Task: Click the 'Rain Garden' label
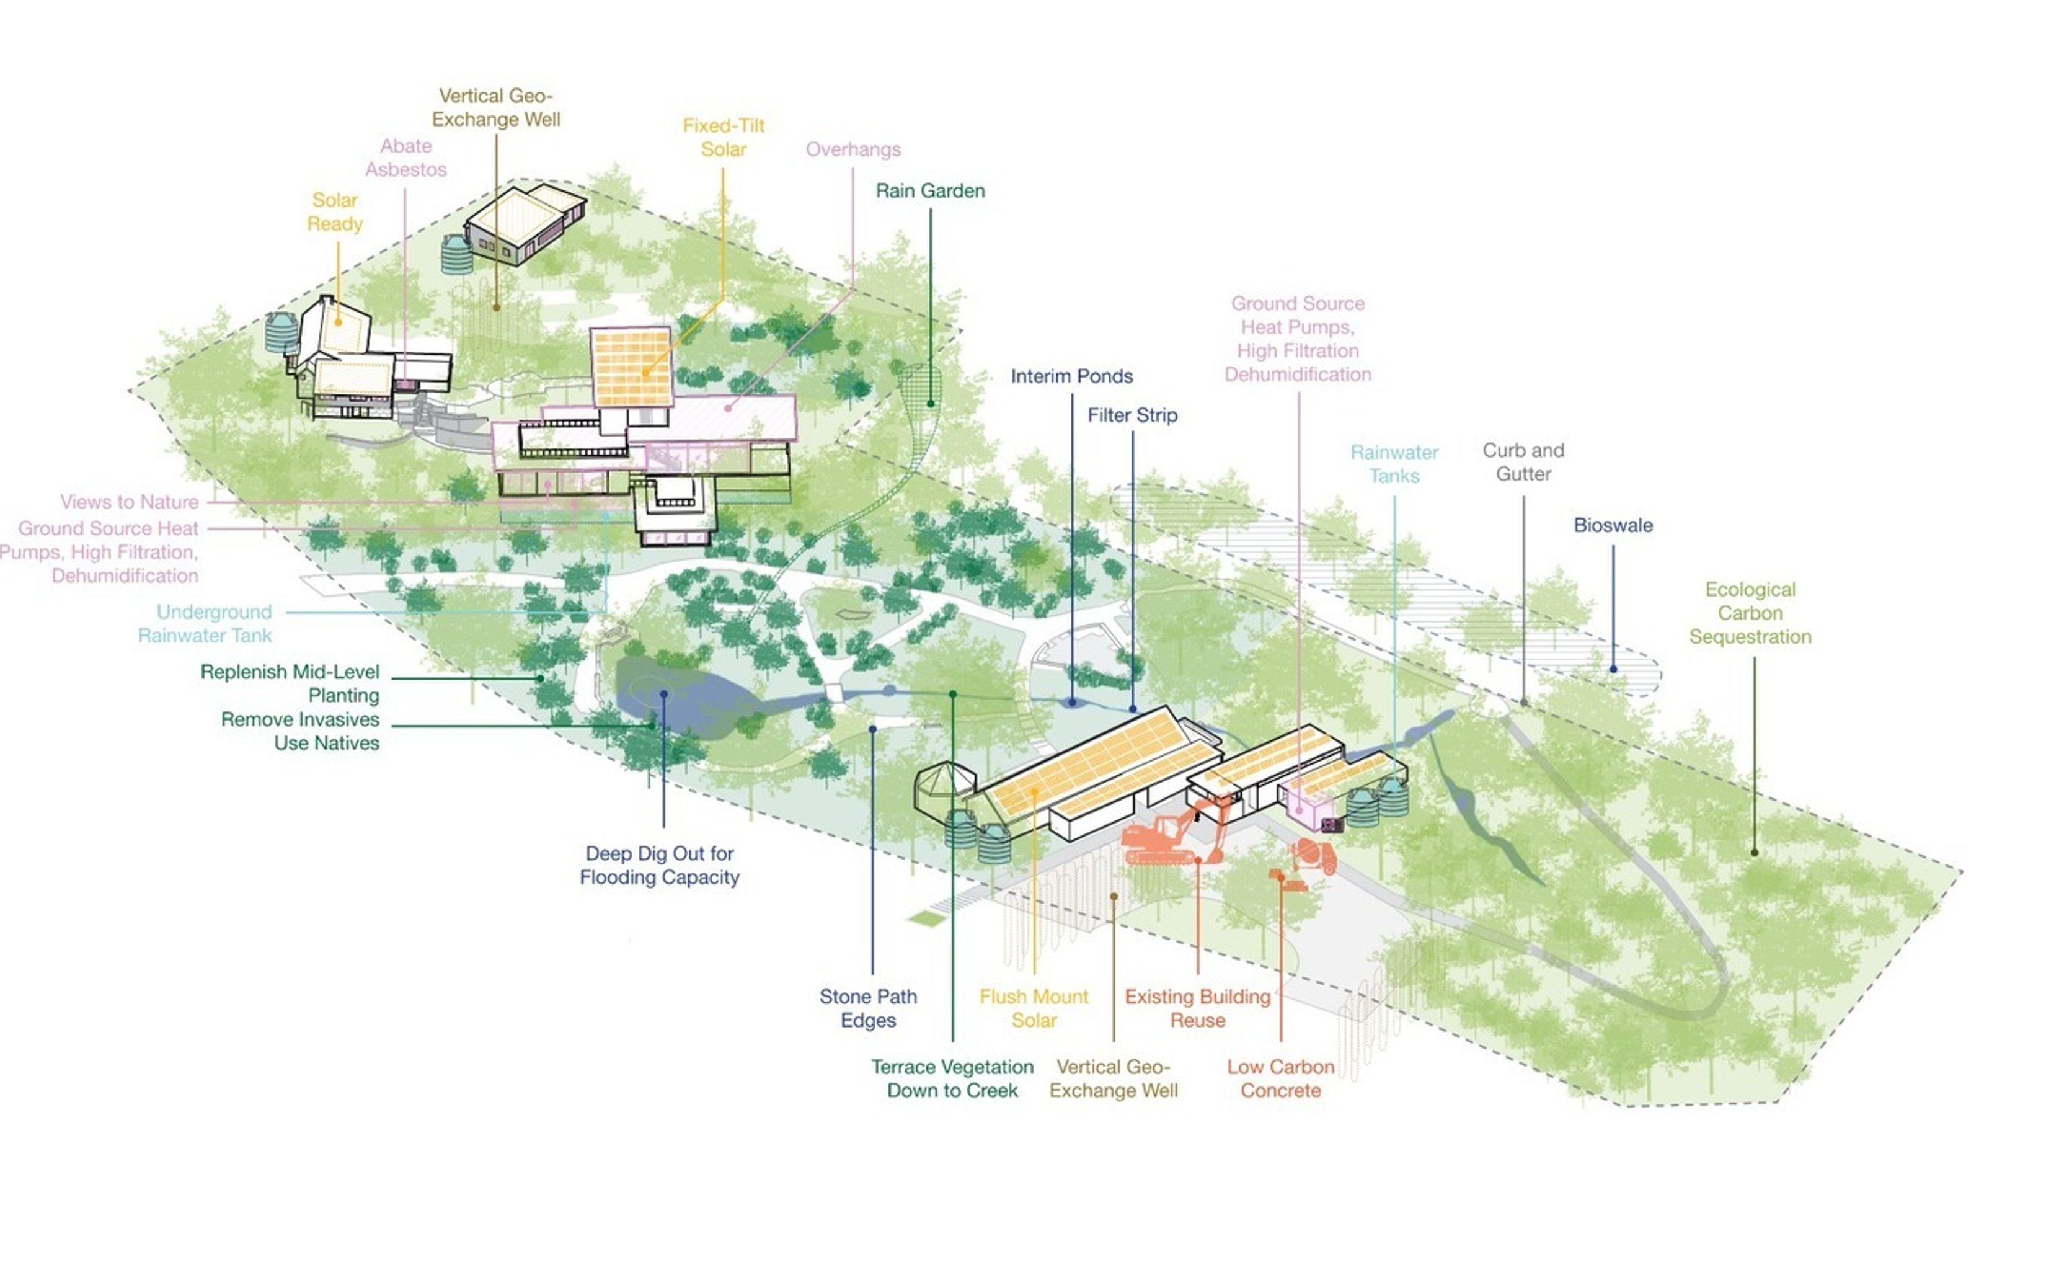930,190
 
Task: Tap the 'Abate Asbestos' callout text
405,158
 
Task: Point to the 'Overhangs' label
853,149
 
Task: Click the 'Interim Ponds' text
1071,376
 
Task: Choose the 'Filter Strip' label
1132,415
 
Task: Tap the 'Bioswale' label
1613,525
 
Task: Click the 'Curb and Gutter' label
1523,462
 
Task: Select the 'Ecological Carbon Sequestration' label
1750,613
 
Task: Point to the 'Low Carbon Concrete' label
1280,1078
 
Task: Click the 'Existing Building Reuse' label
1197,1008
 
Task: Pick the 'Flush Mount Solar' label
1034,1008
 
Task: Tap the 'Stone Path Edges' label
868,1008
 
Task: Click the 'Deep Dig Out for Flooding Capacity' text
659,865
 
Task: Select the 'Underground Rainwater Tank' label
205,624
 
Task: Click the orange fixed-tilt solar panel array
631,368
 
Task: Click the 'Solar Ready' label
335,211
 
